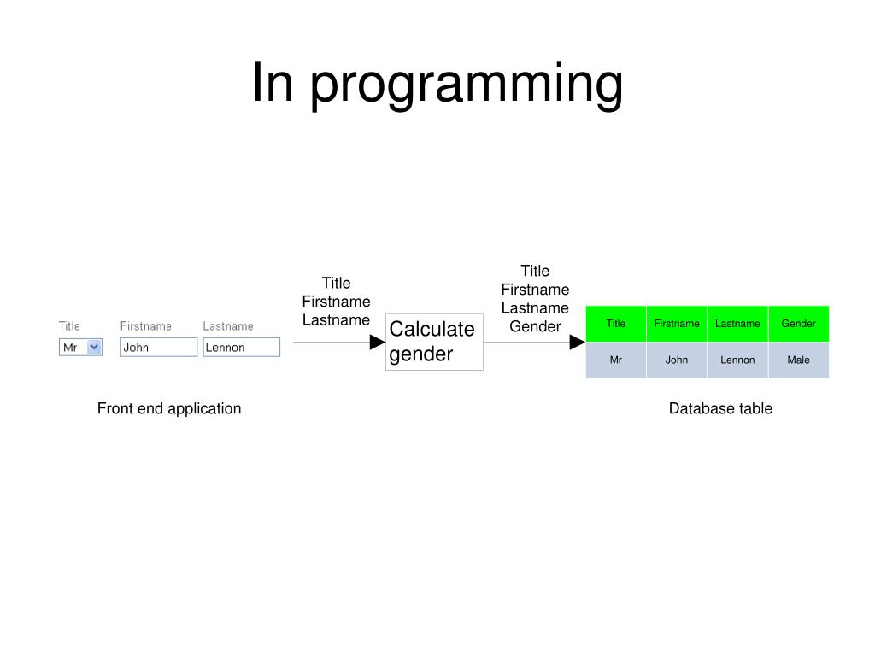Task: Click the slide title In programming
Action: (x=437, y=85)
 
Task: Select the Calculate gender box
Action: (x=434, y=343)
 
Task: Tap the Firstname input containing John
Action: (x=158, y=348)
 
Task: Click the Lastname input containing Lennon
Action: (x=241, y=348)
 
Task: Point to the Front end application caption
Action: (x=169, y=408)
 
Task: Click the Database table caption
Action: (x=720, y=408)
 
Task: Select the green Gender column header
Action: (x=799, y=324)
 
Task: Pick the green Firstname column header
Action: (x=677, y=324)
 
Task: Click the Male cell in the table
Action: (x=799, y=360)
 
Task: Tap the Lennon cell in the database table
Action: (x=737, y=360)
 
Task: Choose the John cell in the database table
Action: (x=677, y=360)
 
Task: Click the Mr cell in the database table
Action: (x=616, y=360)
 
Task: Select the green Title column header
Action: (x=616, y=324)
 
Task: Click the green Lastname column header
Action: (x=737, y=324)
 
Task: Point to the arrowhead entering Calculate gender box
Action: (x=377, y=343)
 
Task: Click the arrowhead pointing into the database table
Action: (x=577, y=343)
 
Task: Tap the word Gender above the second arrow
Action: (x=535, y=326)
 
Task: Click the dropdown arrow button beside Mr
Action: (x=94, y=348)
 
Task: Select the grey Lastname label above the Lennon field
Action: (x=228, y=326)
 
